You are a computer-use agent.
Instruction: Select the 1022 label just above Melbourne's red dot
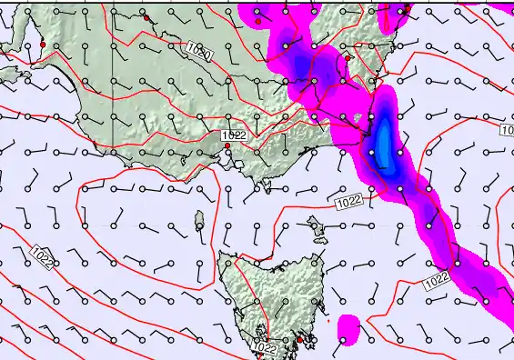234,135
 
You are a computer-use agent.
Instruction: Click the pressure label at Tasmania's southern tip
265,348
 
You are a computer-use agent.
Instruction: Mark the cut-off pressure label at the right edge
508,130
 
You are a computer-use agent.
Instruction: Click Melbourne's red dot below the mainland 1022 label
227,145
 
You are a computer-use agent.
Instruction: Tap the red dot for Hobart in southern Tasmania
299,340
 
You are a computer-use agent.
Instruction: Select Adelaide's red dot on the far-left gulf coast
42,44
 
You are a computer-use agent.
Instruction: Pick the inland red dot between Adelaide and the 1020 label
146,17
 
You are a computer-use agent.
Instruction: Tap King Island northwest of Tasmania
199,218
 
